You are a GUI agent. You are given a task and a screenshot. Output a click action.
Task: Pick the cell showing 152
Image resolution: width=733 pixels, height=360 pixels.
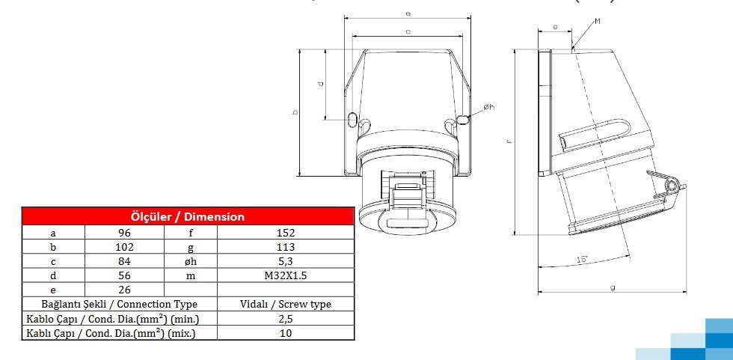coord(285,232)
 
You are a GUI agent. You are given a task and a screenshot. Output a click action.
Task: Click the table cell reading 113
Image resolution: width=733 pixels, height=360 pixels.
coord(285,246)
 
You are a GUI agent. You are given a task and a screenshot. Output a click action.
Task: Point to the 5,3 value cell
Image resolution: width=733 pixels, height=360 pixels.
coord(285,261)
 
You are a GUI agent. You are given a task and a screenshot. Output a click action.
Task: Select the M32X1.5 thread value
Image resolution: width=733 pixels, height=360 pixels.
coord(285,275)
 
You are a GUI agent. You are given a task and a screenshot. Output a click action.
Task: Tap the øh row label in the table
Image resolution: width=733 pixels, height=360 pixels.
coord(191,261)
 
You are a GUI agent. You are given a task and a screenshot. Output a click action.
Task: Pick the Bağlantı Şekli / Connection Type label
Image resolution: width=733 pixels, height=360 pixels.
coord(120,304)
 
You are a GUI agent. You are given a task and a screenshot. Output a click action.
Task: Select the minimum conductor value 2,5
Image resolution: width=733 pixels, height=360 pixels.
coord(285,319)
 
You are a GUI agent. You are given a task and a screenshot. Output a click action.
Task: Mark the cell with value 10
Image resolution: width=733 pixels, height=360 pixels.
coord(285,333)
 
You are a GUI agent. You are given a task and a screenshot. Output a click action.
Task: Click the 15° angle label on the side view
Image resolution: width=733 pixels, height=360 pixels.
coord(581,260)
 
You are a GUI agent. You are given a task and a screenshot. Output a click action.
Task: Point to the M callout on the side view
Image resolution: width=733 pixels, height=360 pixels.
coord(598,22)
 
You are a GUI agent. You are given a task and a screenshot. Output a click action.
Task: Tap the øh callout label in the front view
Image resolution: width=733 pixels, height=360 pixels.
coord(488,108)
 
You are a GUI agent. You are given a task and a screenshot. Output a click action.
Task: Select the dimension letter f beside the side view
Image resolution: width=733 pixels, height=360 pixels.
coord(509,140)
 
